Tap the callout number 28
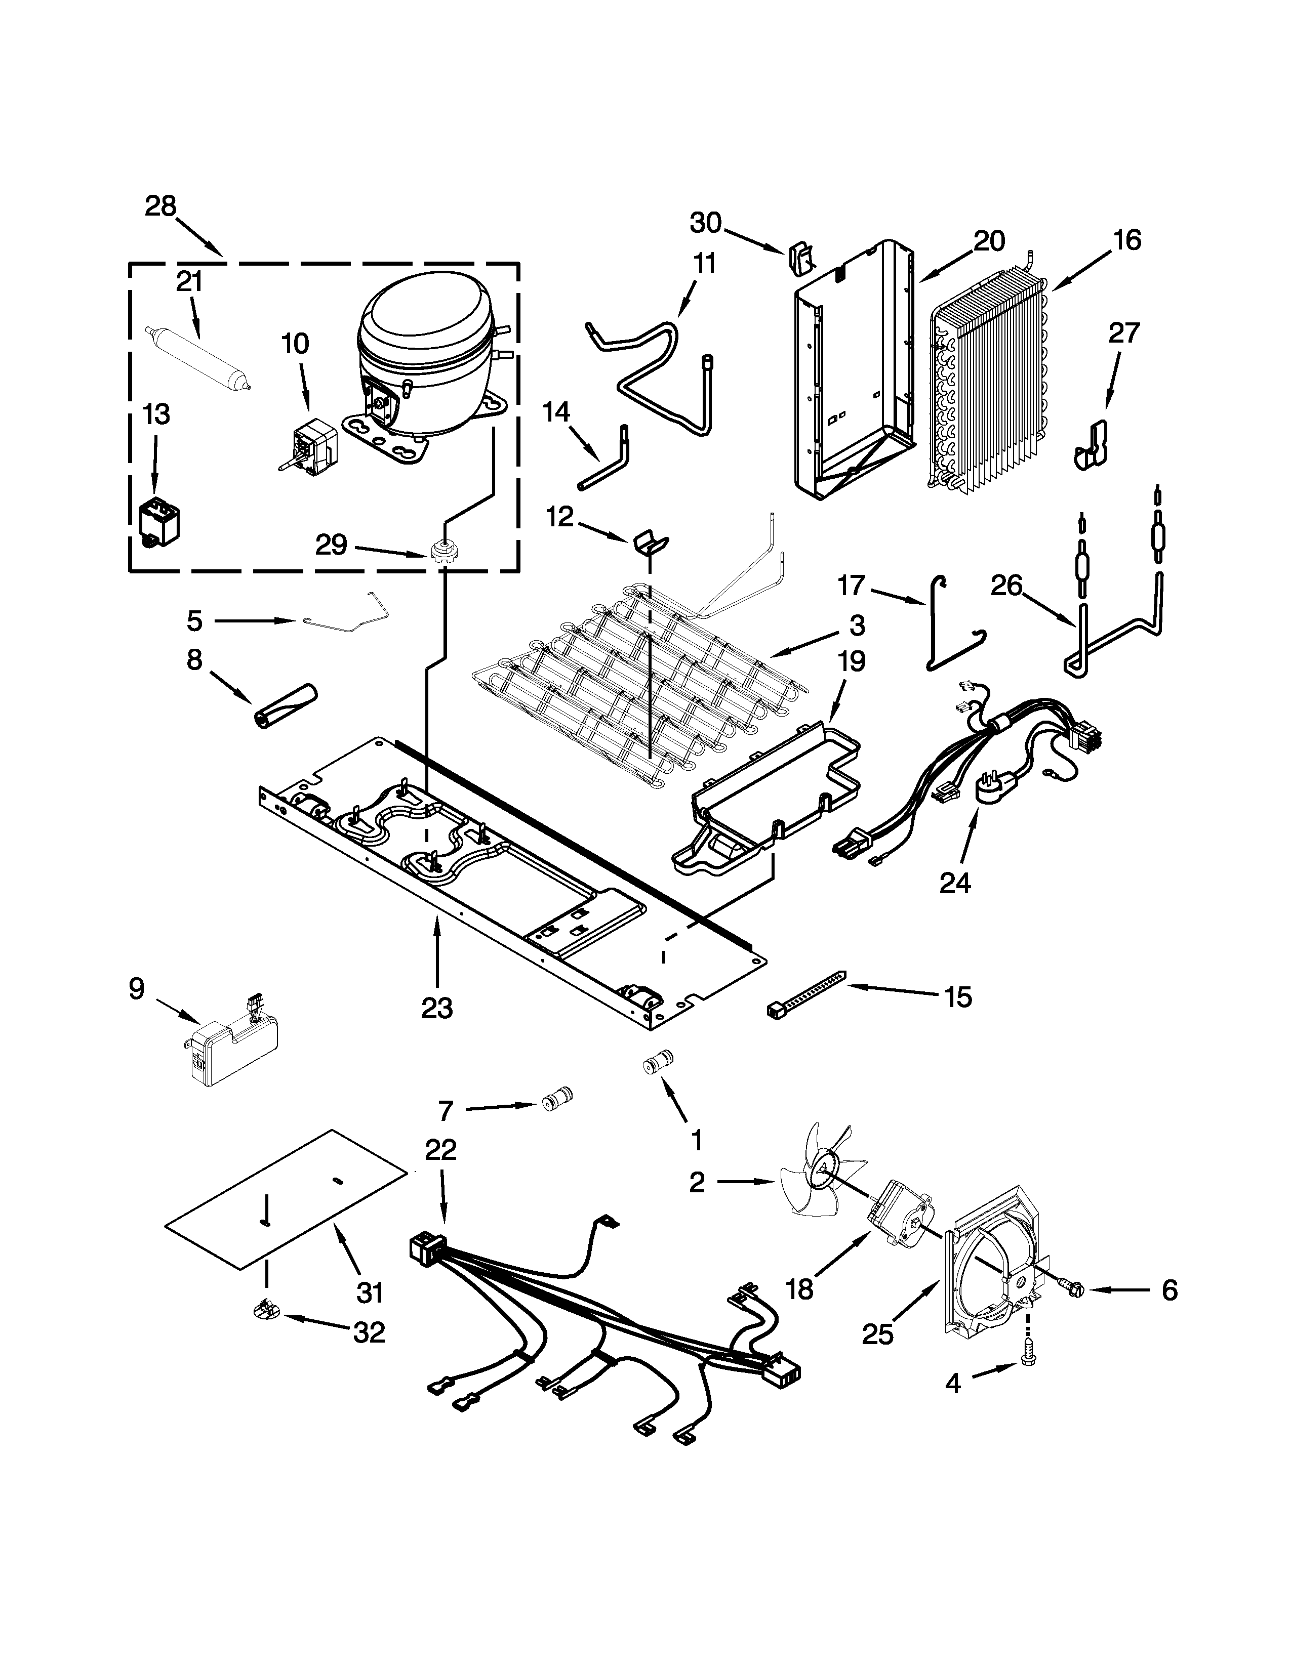click(x=160, y=206)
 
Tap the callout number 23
click(x=437, y=1008)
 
